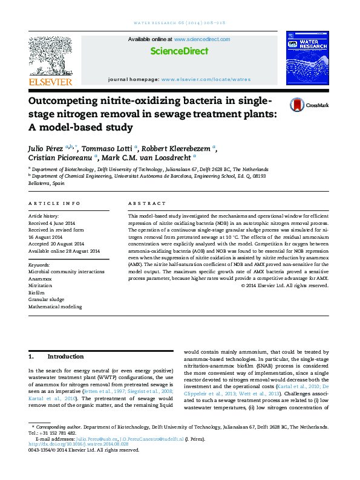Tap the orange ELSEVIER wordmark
point(50,82)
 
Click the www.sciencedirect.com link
point(201,39)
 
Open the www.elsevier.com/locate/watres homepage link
point(206,79)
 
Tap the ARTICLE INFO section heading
point(54,204)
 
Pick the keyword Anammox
point(41,279)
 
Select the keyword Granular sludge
point(46,299)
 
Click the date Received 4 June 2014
point(55,222)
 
